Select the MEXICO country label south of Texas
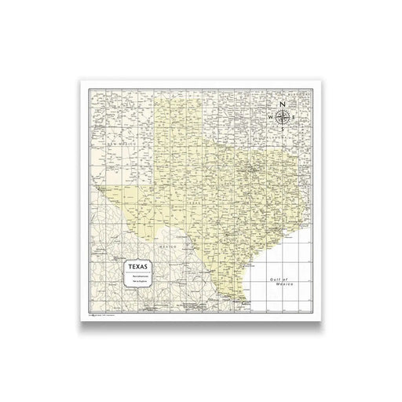[x=166, y=244]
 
